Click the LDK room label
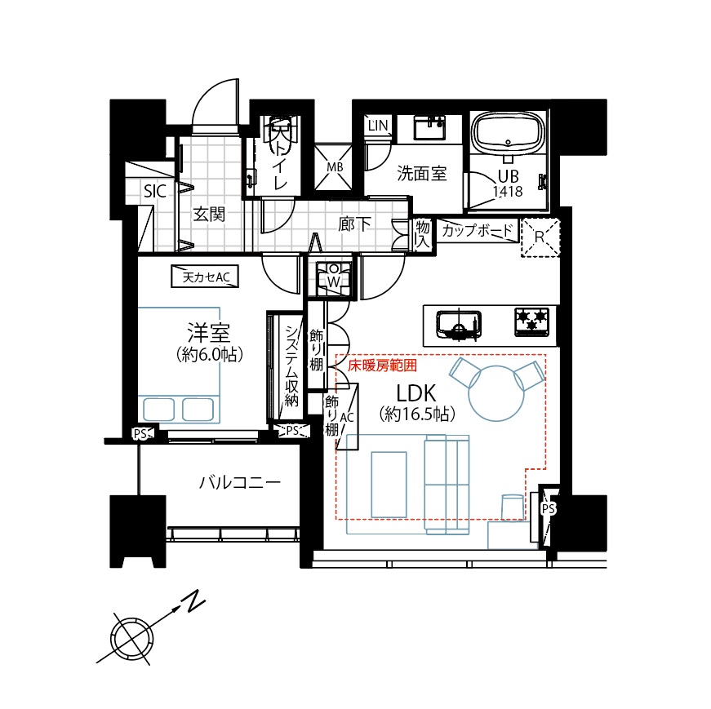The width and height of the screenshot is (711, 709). pos(415,393)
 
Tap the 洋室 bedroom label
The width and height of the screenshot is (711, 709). pos(209,333)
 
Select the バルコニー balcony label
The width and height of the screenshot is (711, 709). pos(240,482)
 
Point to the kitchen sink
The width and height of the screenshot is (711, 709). pos(459,325)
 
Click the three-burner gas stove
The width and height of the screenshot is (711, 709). pos(532,321)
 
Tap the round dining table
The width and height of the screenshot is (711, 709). pos(496,393)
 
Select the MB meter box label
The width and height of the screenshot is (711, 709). pos(335,167)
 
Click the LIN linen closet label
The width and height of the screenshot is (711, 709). pos(378,126)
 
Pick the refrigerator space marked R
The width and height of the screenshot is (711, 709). pos(540,237)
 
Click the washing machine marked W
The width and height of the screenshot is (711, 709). pos(333,276)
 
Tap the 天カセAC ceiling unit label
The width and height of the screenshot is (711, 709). pos(206,277)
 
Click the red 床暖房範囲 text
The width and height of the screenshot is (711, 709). pos(382,366)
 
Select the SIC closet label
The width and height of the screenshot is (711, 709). pos(154,191)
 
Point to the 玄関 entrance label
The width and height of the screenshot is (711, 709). pos(209,214)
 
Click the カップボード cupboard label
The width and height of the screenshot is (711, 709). pos(477,230)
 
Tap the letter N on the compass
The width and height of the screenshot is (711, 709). pos(193,601)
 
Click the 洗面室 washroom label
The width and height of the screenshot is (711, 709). pos(422,173)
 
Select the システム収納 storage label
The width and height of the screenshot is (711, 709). pos(291,366)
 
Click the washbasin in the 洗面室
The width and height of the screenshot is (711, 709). pos(429,127)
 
